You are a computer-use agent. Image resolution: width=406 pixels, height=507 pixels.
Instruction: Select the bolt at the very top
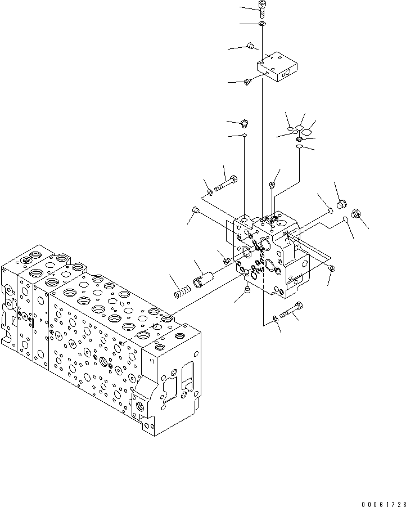coord(262,6)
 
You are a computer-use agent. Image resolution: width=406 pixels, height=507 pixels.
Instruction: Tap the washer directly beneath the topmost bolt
coord(263,24)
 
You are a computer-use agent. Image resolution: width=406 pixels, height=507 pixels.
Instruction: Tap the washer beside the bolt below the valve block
coord(274,320)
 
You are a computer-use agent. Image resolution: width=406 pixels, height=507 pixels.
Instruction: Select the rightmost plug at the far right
coord(355,213)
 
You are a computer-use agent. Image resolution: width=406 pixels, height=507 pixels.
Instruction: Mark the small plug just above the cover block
coord(252,45)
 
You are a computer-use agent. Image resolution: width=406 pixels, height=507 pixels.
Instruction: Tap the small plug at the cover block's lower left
coord(247,83)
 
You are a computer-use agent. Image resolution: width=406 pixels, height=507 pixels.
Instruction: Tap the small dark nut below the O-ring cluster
coord(300,140)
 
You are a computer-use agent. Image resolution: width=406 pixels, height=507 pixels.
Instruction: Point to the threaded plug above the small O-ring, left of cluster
coord(244,122)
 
